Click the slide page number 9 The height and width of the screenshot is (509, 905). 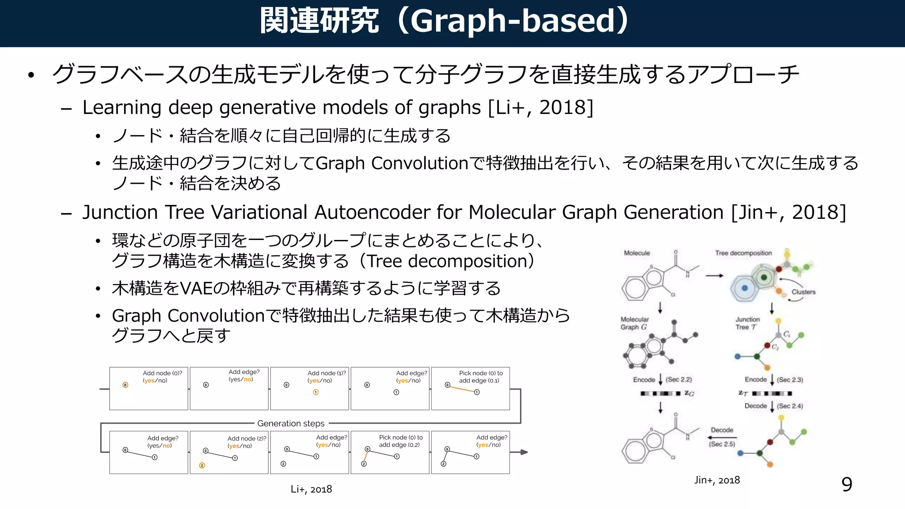pos(847,485)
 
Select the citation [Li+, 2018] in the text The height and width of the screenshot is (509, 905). pos(540,107)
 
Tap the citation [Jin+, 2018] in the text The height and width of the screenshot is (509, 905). pos(789,212)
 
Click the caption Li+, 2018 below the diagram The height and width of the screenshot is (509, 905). pos(311,489)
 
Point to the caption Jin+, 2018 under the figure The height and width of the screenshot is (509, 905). pos(717,480)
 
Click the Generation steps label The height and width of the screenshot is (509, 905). pos(291,423)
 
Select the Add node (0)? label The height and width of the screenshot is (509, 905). pos(162,373)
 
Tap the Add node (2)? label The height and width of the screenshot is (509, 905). pos(247,438)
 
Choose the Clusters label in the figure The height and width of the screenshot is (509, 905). pos(803,292)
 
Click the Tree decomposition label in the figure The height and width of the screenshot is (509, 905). pos(743,253)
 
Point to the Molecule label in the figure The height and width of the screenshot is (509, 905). pos(637,253)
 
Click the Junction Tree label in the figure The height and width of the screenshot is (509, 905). pos(747,323)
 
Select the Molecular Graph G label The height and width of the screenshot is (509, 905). pos(635,323)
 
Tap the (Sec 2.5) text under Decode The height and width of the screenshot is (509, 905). pos(722,444)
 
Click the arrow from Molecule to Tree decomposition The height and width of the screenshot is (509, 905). pos(714,276)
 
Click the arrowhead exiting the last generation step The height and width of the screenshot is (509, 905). pos(524,452)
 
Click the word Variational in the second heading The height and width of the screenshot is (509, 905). pos(259,212)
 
